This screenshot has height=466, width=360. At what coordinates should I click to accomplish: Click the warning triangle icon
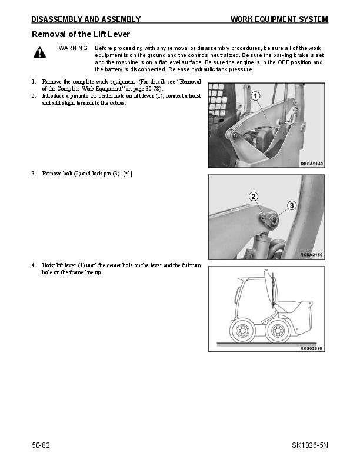39,53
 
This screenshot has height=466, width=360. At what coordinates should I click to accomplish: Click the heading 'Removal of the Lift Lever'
81,35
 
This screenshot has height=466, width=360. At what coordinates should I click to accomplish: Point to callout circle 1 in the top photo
256,96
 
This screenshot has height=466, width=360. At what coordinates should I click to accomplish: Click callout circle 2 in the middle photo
253,197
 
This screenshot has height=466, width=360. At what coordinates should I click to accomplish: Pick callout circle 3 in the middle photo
291,205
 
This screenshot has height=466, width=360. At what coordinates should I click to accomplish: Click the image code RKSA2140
312,164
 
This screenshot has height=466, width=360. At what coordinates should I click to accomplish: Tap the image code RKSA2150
312,255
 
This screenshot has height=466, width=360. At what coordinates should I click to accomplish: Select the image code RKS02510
312,348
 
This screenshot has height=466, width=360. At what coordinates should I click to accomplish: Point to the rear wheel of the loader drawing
241,332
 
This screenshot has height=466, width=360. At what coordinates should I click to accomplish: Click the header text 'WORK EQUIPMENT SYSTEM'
279,19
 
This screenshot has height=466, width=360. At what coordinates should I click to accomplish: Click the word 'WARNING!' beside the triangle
74,47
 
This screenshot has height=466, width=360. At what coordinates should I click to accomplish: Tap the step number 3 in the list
34,174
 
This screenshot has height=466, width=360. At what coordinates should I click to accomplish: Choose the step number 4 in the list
34,265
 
